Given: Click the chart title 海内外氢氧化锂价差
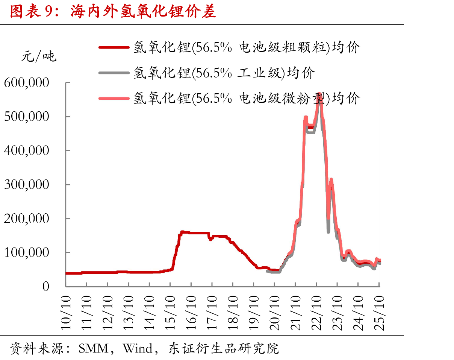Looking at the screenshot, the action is [x=143, y=11].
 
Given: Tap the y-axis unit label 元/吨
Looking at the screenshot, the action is [x=39, y=56].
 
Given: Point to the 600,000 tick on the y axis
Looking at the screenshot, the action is [x=27, y=82].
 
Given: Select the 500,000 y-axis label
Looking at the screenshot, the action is [x=27, y=116].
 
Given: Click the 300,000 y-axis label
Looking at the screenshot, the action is [x=27, y=184].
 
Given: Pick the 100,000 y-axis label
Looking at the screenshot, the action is [x=27, y=252].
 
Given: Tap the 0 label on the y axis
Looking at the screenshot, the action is [x=46, y=287].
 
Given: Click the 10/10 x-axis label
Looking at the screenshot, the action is [x=66, y=313].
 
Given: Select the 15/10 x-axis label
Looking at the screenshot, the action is [x=170, y=313].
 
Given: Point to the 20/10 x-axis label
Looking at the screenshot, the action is [x=275, y=313].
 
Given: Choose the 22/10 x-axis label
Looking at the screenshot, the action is [x=316, y=313].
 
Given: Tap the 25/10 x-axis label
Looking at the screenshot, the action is [x=379, y=313].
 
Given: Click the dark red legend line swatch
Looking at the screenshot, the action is [x=114, y=47].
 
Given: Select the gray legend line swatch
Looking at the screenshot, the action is [x=114, y=73].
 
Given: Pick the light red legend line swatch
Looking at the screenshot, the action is [x=114, y=98].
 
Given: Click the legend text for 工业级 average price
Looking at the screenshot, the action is [x=224, y=73].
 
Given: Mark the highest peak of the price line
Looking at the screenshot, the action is [x=319, y=94].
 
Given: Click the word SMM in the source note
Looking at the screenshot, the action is [x=94, y=348].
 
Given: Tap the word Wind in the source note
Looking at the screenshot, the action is [x=138, y=348].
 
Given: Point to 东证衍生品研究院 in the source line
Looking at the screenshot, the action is [x=224, y=348].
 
